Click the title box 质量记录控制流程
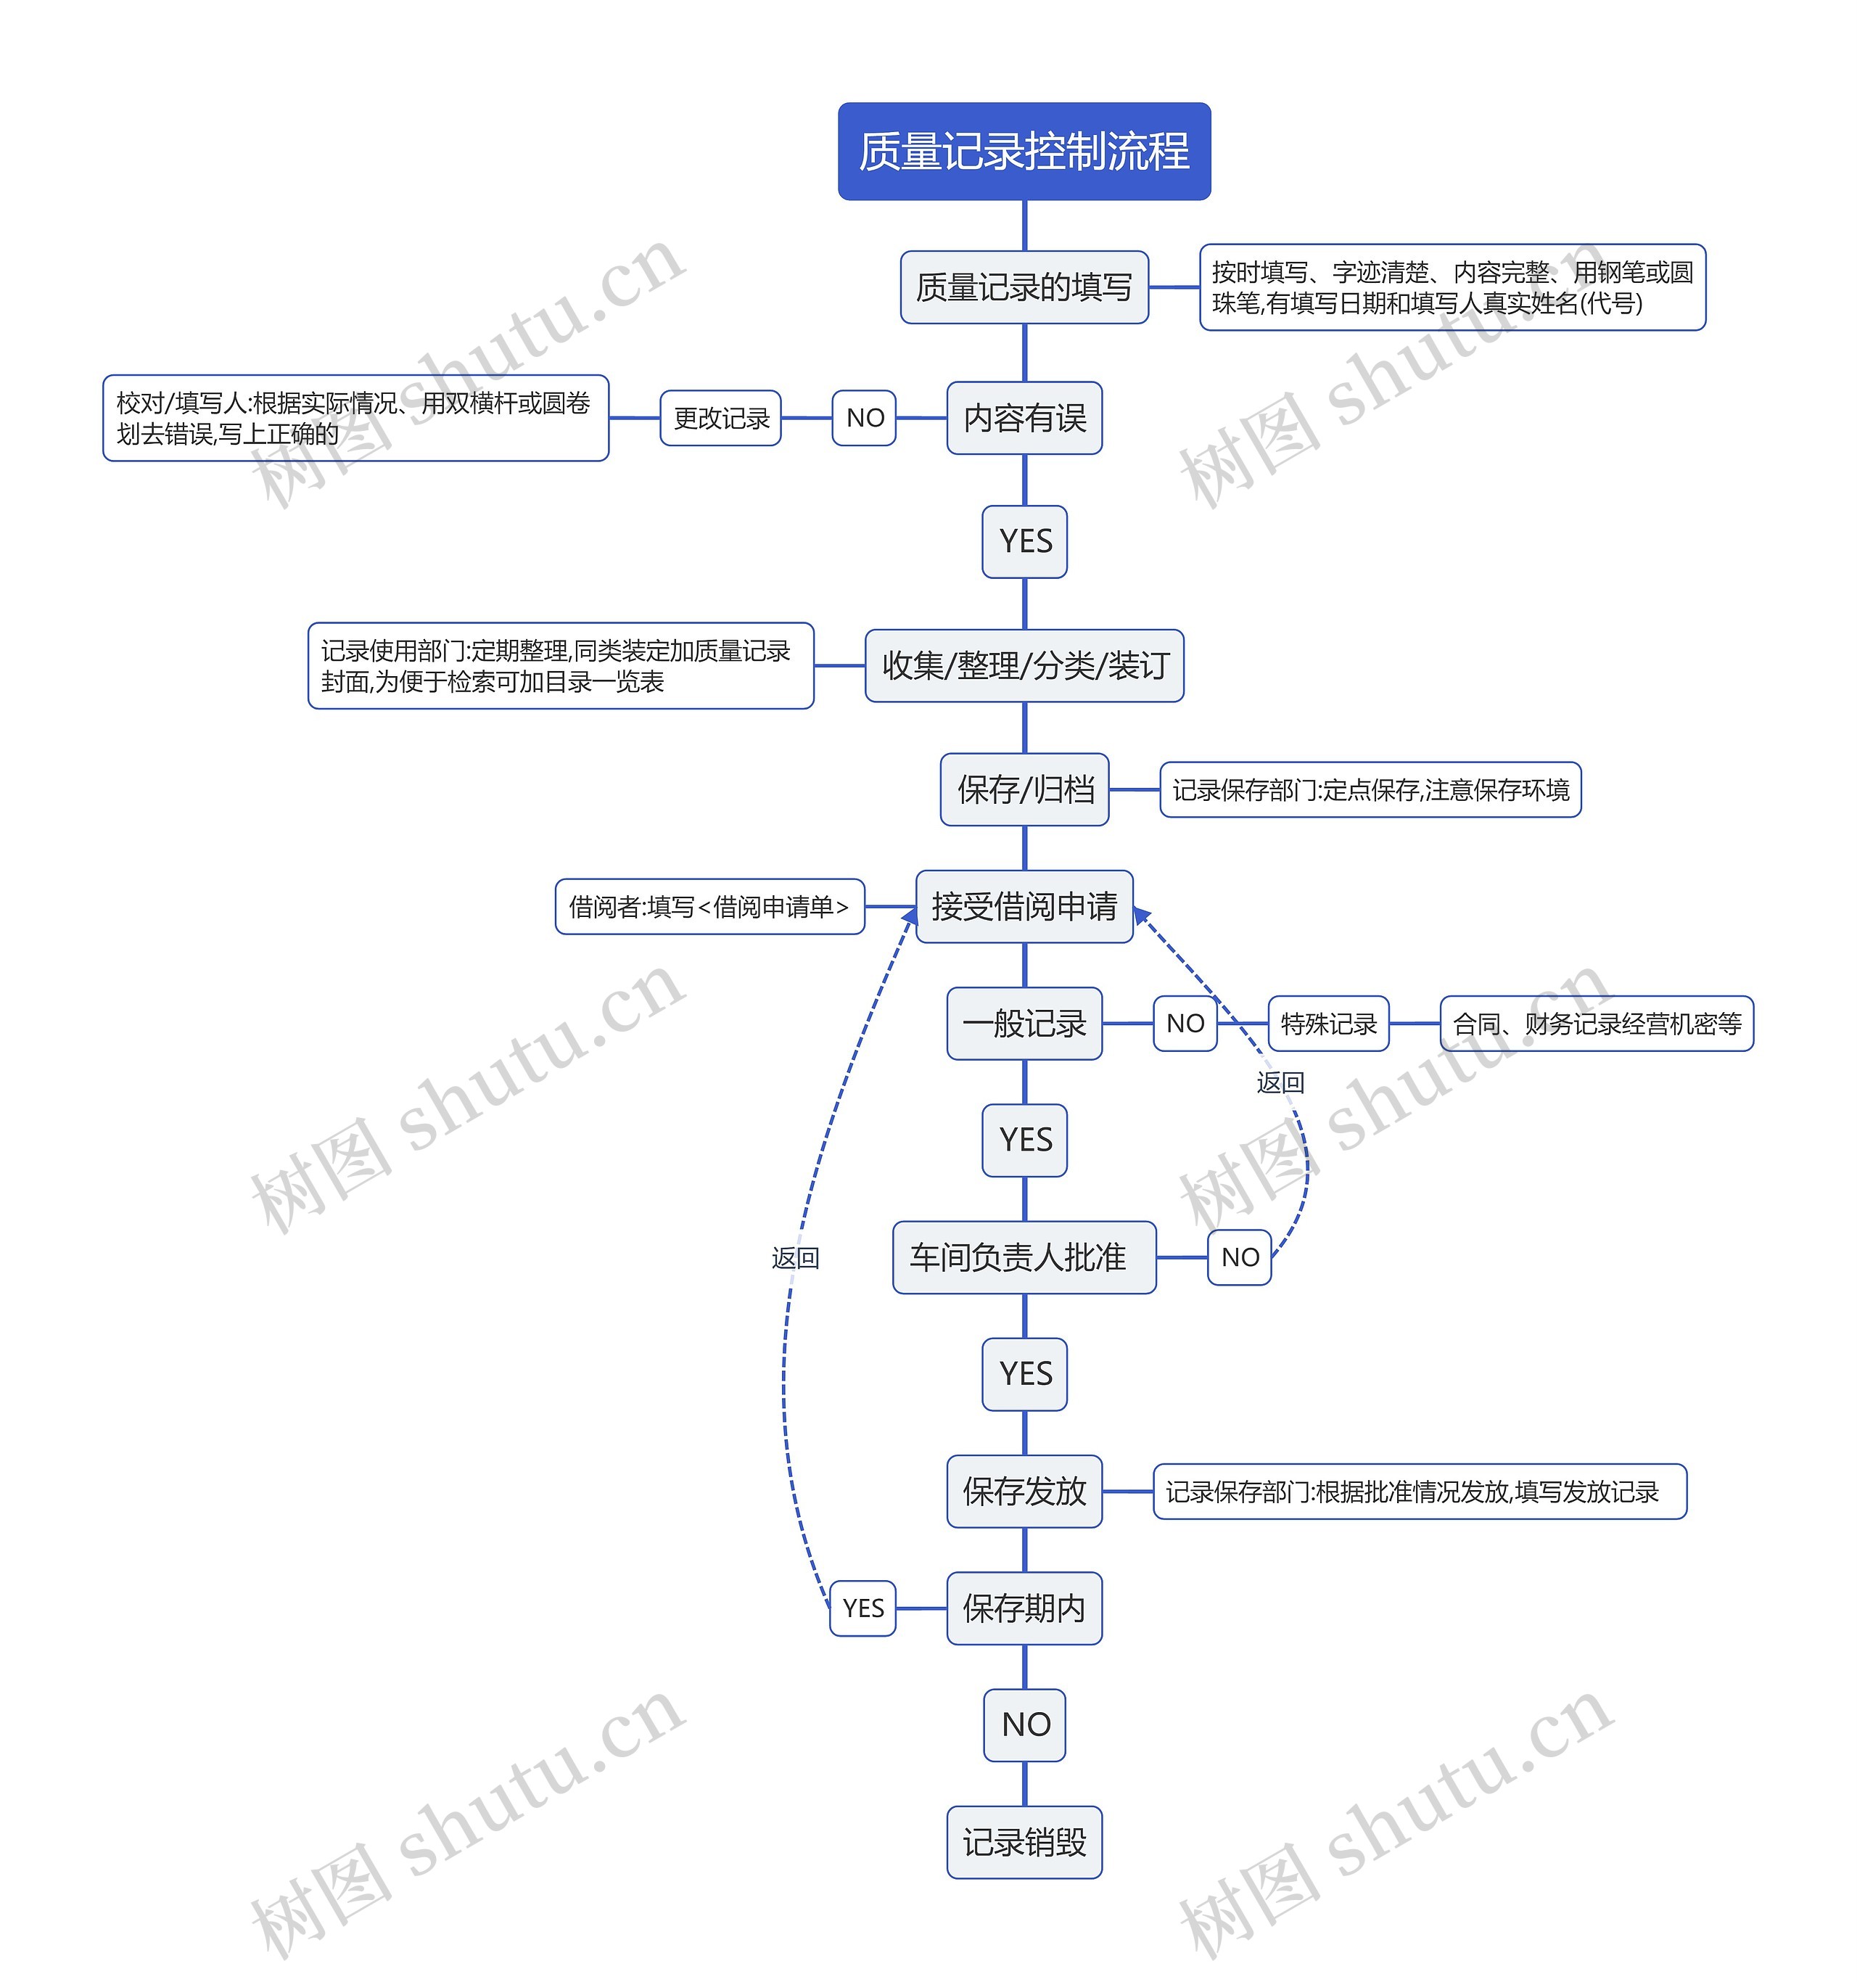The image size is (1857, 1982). [1024, 152]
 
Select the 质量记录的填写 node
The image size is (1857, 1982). [1024, 287]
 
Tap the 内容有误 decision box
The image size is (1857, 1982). [1024, 418]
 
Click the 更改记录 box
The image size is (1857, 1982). [720, 418]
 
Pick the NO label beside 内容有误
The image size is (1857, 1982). [864, 418]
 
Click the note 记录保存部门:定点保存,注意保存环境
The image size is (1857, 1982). [1370, 789]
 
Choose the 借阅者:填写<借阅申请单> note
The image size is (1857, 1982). [709, 906]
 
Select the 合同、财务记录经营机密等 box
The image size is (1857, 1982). [1597, 1023]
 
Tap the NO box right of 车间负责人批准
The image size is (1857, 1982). [1240, 1257]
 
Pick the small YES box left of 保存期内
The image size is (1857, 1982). [863, 1608]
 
